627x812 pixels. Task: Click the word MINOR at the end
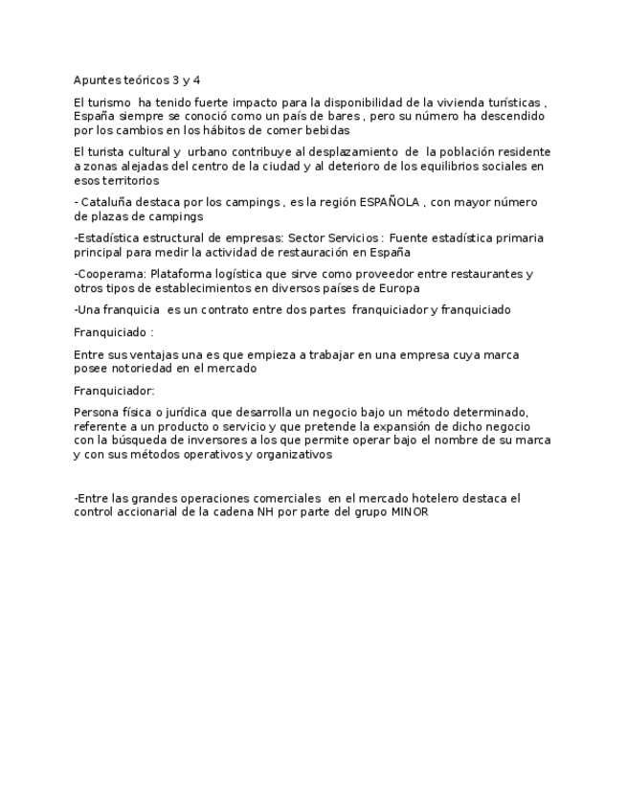[x=410, y=512]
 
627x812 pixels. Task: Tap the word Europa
[x=398, y=288]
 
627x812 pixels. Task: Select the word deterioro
[x=357, y=166]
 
